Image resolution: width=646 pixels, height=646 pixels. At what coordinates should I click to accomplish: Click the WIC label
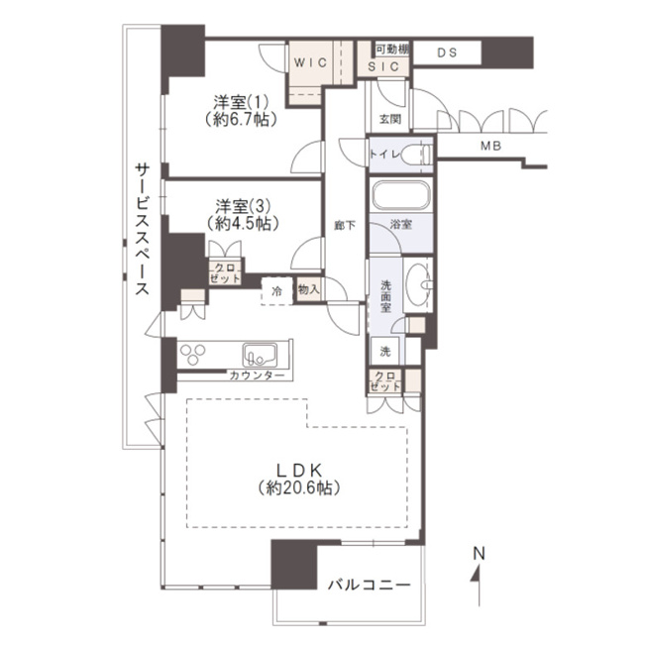coord(310,62)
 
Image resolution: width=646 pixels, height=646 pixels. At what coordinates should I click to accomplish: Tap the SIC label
coord(383,66)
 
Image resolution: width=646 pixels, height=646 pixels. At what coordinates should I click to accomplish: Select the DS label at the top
coord(447,53)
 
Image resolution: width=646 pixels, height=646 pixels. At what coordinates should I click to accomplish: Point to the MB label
coord(490,146)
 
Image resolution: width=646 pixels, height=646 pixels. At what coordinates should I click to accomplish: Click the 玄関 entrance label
coord(389,119)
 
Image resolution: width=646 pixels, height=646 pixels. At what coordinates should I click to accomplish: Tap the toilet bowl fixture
coord(416,155)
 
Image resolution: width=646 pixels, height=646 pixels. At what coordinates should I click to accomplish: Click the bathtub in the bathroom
coord(401,196)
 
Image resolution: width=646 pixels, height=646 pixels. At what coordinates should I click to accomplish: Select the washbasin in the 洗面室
coord(418,283)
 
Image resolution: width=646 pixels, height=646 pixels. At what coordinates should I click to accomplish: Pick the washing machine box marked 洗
coord(384,351)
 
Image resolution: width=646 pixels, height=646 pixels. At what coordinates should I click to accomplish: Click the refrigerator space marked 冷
coord(276,291)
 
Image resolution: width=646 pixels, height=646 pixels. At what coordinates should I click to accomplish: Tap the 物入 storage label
coord(308,289)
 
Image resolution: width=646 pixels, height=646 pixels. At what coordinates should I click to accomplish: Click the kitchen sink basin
coord(260,355)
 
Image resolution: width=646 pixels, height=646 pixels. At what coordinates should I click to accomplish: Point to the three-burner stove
coord(193,354)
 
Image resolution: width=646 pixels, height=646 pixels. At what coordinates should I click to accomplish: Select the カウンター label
coord(257,376)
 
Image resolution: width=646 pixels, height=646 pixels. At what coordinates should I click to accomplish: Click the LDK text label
coord(298,471)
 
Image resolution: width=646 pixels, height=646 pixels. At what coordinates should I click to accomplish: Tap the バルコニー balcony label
coord(370,585)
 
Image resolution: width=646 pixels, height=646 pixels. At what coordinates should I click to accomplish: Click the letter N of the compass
coord(479,554)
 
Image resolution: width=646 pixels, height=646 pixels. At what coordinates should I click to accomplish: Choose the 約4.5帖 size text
coord(243,224)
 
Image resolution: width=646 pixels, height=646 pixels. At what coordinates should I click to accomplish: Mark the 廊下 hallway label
coord(345,225)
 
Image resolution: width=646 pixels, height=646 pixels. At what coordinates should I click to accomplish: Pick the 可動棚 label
coord(392,50)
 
